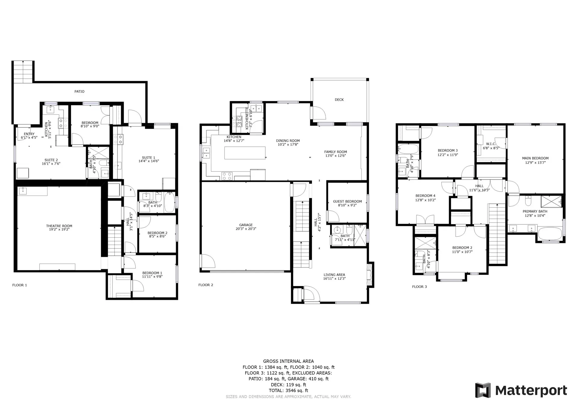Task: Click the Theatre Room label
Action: pos(59,226)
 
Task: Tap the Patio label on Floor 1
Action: pos(79,91)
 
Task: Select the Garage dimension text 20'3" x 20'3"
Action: pos(246,229)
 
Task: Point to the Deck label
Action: pos(339,100)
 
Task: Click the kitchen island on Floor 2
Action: pos(245,153)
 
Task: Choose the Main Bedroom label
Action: pos(535,158)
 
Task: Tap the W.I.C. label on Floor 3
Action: pos(491,144)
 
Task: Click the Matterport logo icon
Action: pos(483,390)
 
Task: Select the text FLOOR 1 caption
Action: pos(20,285)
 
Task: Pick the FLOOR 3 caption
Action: pos(419,287)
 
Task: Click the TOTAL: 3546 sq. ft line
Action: pos(288,391)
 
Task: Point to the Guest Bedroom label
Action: pos(347,202)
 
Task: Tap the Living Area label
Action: pos(334,275)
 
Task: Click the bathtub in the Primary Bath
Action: pos(550,233)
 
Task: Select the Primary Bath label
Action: pos(535,212)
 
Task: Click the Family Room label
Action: pos(335,152)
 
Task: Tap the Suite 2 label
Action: pos(51,160)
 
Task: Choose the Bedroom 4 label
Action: pos(425,196)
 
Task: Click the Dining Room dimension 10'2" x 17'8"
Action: pos(288,145)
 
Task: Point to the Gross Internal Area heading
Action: pos(288,361)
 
